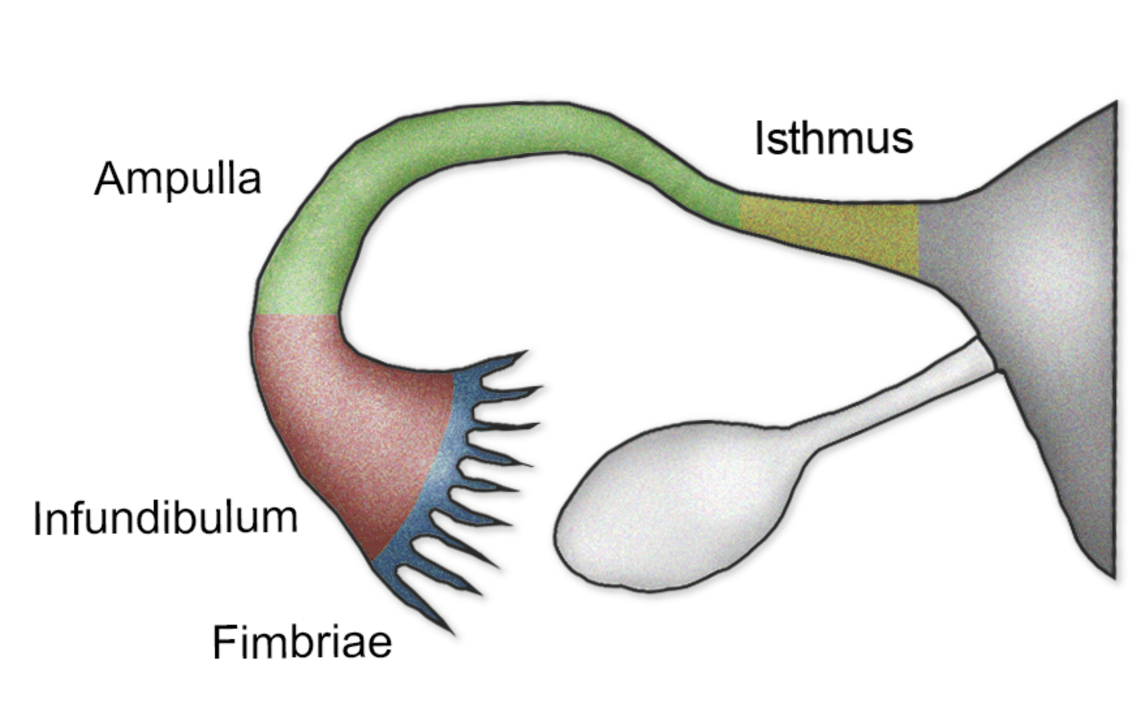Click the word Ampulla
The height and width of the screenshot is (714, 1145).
177,178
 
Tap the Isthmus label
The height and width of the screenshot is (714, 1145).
833,138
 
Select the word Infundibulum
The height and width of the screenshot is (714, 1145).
165,519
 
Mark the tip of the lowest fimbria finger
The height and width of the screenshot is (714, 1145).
452,633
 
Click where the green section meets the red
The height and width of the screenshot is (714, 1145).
296,315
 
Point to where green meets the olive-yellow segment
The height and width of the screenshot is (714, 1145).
740,210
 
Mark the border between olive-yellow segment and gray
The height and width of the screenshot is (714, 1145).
918,240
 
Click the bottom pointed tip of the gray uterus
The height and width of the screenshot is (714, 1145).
1113,576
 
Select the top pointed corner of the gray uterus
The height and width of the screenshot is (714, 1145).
1115,104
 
